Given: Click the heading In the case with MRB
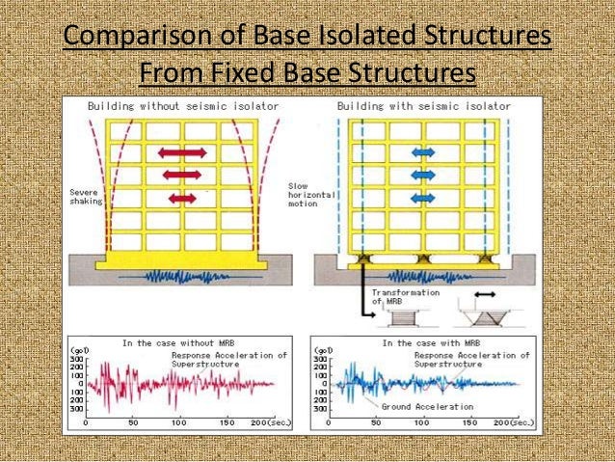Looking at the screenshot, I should (415, 342).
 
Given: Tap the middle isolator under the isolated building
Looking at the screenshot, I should (424, 258).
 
